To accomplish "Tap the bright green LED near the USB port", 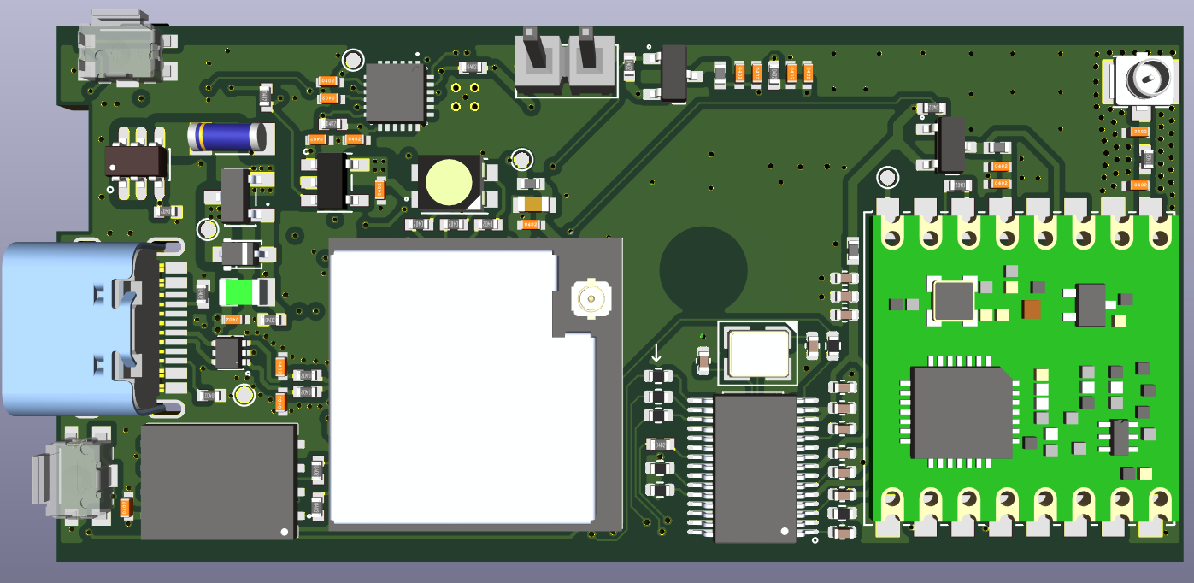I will tap(240, 292).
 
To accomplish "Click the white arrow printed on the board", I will tap(656, 352).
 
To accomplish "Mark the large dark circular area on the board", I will tap(703, 269).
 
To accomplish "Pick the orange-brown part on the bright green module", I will tap(1032, 309).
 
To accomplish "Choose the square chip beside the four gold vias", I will tap(395, 91).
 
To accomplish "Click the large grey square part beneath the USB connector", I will tap(219, 480).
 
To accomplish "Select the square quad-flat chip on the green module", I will tap(961, 412).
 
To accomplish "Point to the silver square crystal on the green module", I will tap(953, 300).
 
